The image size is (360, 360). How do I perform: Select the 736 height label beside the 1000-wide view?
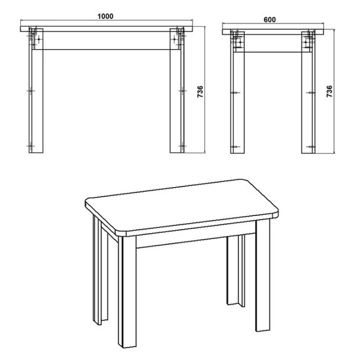click(201, 92)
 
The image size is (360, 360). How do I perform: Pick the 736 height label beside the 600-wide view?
click(329, 92)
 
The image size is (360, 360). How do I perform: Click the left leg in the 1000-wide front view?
click(34, 98)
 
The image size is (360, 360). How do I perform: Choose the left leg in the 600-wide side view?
click(236, 98)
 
